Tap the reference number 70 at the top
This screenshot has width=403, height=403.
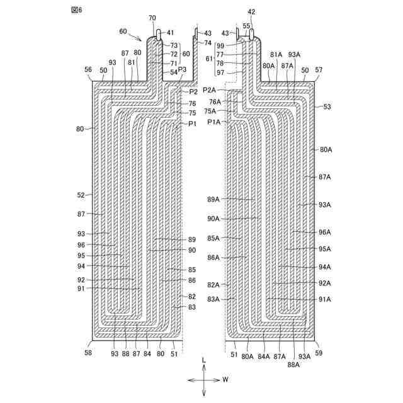[152, 19]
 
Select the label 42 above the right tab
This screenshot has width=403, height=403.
[252, 12]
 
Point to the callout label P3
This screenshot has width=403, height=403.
[182, 69]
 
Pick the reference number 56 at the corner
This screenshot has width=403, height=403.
[88, 71]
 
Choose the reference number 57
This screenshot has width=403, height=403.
[319, 71]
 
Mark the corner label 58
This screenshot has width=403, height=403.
[88, 353]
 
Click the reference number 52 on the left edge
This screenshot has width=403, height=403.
[81, 195]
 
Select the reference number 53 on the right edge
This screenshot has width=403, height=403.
[327, 107]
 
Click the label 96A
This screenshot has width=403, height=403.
[325, 232]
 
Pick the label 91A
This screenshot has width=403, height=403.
[325, 300]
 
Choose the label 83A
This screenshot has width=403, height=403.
[214, 300]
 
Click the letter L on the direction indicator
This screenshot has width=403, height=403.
[203, 360]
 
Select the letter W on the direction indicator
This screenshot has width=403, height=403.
[225, 380]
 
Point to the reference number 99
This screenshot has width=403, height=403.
[220, 46]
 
